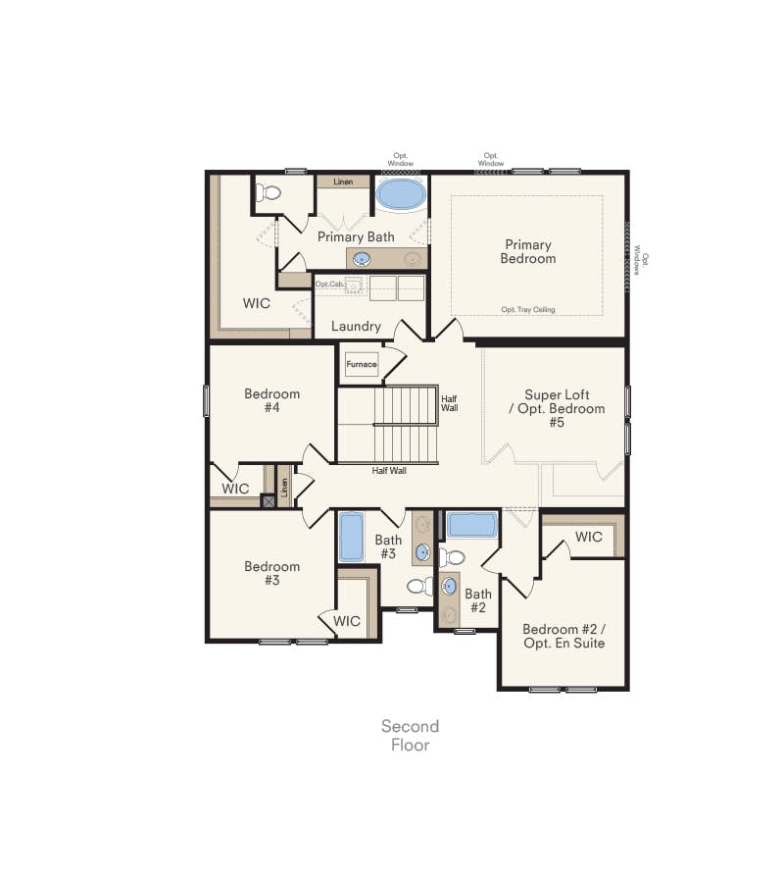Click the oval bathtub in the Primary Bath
point(401,195)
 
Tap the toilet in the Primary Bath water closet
point(269,193)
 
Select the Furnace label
point(362,364)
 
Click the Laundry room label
point(356,326)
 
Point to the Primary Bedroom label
point(528,252)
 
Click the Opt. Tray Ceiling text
point(528,310)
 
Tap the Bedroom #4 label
point(272,400)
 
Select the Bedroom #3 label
point(272,573)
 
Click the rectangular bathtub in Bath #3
point(352,537)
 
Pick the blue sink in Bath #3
point(423,552)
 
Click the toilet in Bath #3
point(420,587)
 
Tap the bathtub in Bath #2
point(472,525)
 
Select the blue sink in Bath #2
point(449,587)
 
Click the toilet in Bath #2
point(452,557)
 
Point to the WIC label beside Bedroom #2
point(589,537)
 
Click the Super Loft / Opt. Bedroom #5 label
point(557,409)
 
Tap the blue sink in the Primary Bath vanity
point(361,259)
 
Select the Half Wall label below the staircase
point(389,471)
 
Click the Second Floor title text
point(411,736)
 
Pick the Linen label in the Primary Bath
point(343,182)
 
